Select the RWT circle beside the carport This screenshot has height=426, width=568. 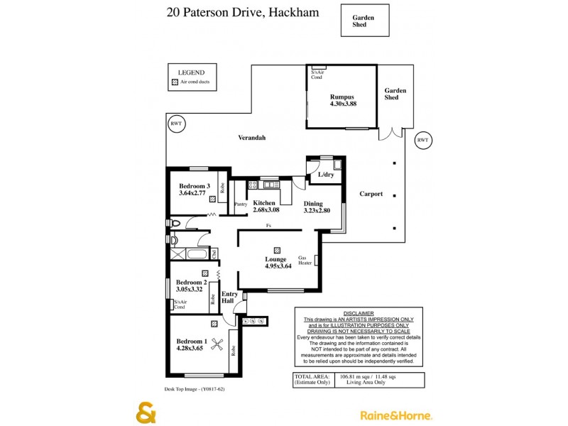tap(422, 140)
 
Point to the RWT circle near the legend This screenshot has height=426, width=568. tap(176, 124)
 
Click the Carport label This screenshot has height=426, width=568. tap(371, 194)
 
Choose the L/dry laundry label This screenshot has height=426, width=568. tap(326, 175)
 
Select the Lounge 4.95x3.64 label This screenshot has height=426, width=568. tap(276, 263)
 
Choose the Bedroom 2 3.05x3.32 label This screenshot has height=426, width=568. tap(190, 285)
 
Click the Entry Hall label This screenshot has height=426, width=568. tap(229, 297)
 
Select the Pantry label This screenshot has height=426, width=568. tap(241, 204)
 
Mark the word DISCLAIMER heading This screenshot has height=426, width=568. tap(358, 313)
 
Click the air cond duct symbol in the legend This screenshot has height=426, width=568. tap(175, 82)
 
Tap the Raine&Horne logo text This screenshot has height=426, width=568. tap(396, 415)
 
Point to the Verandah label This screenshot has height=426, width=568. tap(251, 138)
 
